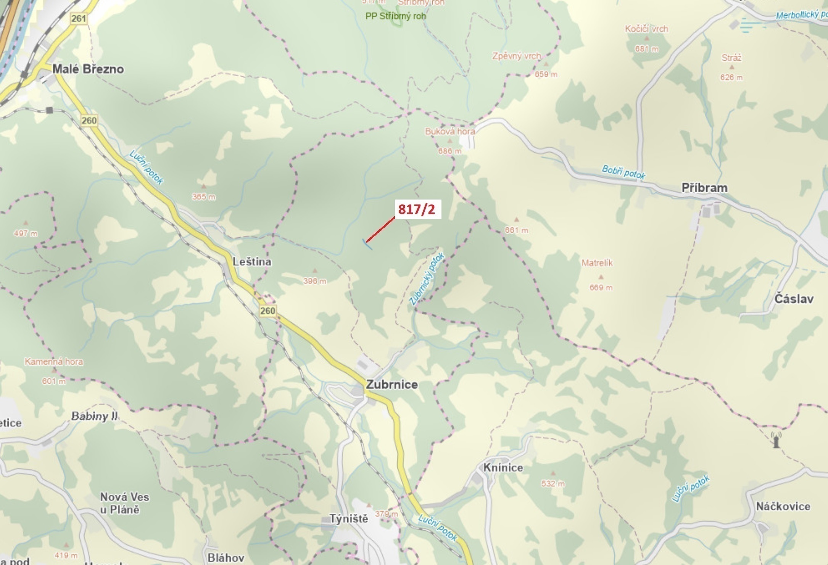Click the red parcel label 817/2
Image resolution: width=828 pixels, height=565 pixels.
click(x=417, y=209)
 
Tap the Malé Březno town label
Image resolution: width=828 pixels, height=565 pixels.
click(x=88, y=69)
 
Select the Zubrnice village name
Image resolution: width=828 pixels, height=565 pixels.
click(x=391, y=385)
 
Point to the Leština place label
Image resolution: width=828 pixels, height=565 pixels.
click(x=252, y=262)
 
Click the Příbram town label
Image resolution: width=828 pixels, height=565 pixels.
click(x=704, y=188)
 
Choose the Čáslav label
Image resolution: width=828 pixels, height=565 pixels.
click(x=794, y=299)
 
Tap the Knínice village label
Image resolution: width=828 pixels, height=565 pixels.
click(x=503, y=467)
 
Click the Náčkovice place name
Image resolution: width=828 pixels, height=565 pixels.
click(x=783, y=506)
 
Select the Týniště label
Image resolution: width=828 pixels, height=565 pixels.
click(x=349, y=519)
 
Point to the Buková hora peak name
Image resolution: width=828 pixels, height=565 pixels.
click(x=450, y=131)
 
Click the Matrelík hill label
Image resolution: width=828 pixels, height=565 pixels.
click(x=597, y=263)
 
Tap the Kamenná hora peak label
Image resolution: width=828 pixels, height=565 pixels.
click(x=54, y=361)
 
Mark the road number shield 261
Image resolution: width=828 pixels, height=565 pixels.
click(x=79, y=18)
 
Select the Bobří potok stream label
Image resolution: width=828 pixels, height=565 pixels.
click(x=623, y=172)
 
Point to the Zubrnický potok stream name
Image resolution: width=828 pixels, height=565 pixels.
click(x=427, y=278)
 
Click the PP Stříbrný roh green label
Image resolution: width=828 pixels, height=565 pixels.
click(x=395, y=16)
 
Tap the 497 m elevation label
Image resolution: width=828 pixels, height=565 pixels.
click(x=26, y=233)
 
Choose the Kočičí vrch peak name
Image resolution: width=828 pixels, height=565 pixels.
click(x=646, y=29)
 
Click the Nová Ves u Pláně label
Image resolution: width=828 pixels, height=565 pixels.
click(x=124, y=503)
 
